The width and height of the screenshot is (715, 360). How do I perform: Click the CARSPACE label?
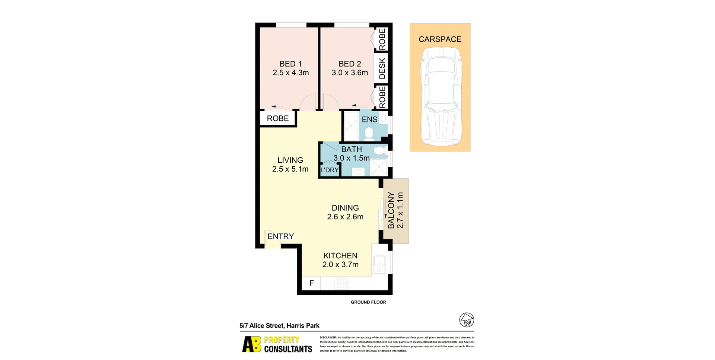[x=440, y=39]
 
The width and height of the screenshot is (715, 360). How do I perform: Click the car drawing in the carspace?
[x=441, y=96]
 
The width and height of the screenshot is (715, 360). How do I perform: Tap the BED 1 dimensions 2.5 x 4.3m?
[x=290, y=73]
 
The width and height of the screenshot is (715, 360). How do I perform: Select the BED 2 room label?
[x=350, y=64]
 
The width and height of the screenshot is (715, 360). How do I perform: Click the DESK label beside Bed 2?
[x=382, y=69]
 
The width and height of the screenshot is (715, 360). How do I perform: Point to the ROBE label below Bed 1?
[x=278, y=118]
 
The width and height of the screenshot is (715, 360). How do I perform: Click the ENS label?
[x=369, y=120]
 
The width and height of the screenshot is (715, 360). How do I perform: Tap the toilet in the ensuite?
[x=369, y=133]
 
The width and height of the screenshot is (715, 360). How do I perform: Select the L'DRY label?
[x=330, y=170]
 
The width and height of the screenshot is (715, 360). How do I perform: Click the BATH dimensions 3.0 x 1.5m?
[x=351, y=158]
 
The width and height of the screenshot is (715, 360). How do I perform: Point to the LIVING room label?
[x=290, y=160]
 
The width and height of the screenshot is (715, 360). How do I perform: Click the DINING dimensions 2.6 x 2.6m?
[x=345, y=217]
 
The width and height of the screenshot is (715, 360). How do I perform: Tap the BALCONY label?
[x=391, y=210]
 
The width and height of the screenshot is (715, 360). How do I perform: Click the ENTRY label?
[x=281, y=236]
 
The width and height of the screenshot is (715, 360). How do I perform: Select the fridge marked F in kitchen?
[x=311, y=283]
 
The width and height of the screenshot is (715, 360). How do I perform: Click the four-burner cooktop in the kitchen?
[x=342, y=283]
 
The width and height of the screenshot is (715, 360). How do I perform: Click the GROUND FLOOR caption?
[x=368, y=302]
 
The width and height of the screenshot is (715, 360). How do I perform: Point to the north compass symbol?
[x=467, y=320]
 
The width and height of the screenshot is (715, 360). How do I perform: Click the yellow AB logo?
[x=252, y=344]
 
